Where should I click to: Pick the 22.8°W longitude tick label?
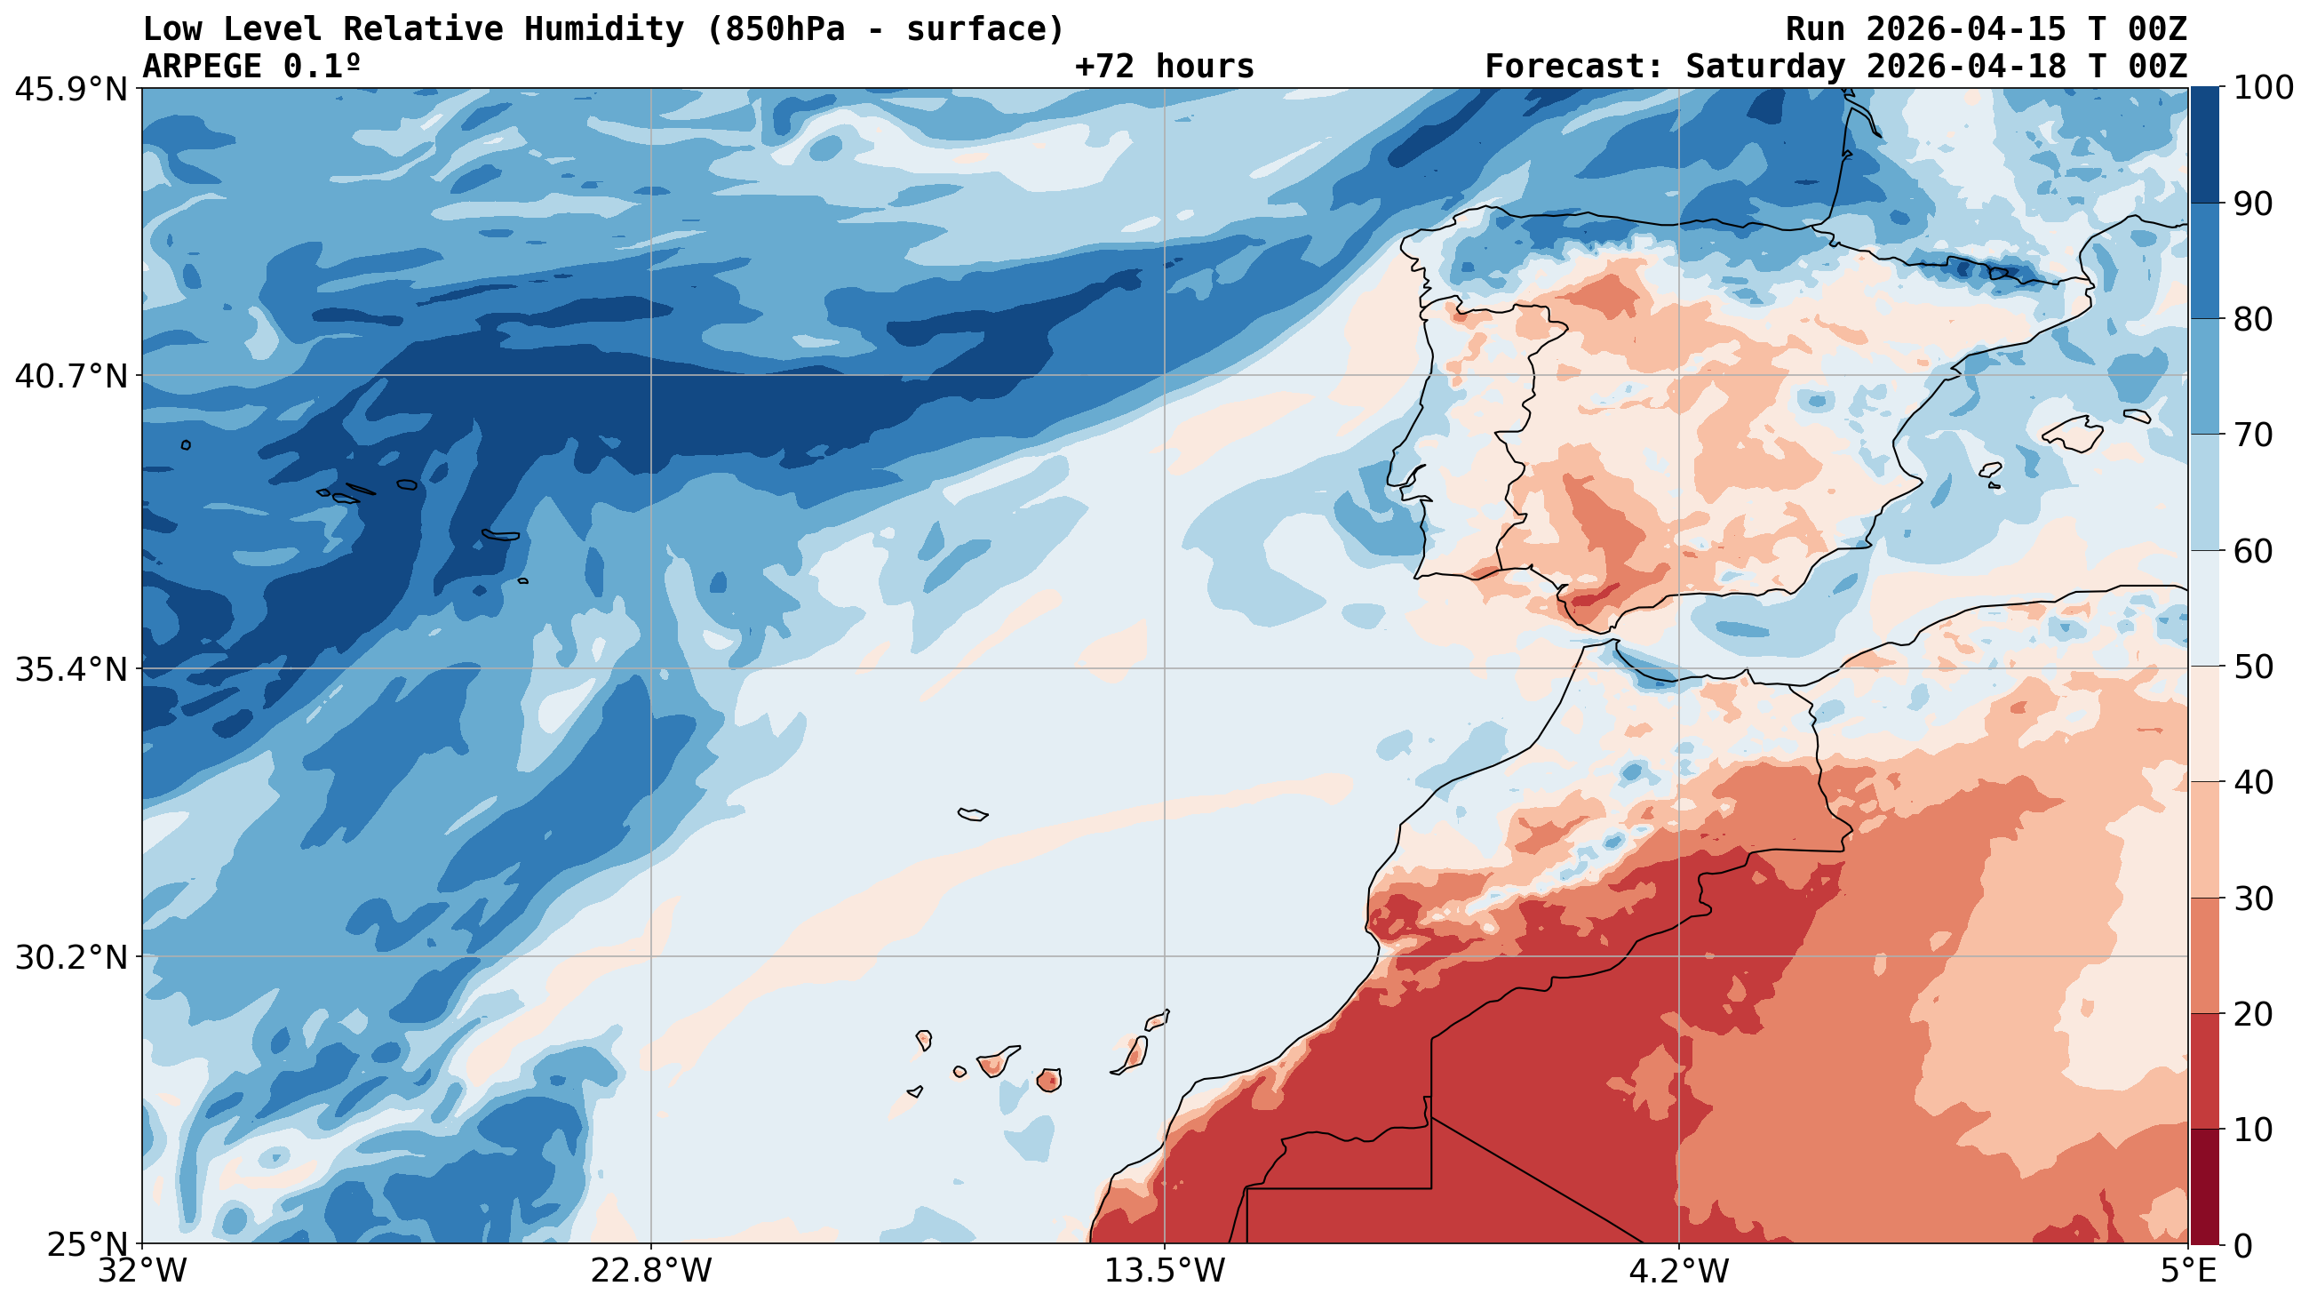click(x=651, y=1272)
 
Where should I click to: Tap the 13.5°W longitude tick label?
click(x=1165, y=1272)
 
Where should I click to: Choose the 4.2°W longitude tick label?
click(x=1678, y=1272)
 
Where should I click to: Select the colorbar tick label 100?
click(x=2263, y=88)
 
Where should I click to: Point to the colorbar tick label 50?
click(x=2251, y=667)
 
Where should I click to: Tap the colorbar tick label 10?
click(x=2251, y=1130)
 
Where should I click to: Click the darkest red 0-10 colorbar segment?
click(x=2204, y=1186)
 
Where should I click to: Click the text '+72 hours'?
click(x=1165, y=67)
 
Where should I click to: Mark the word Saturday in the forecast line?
click(x=1764, y=67)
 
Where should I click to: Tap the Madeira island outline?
click(x=972, y=814)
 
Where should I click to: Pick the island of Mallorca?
click(x=2073, y=435)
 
